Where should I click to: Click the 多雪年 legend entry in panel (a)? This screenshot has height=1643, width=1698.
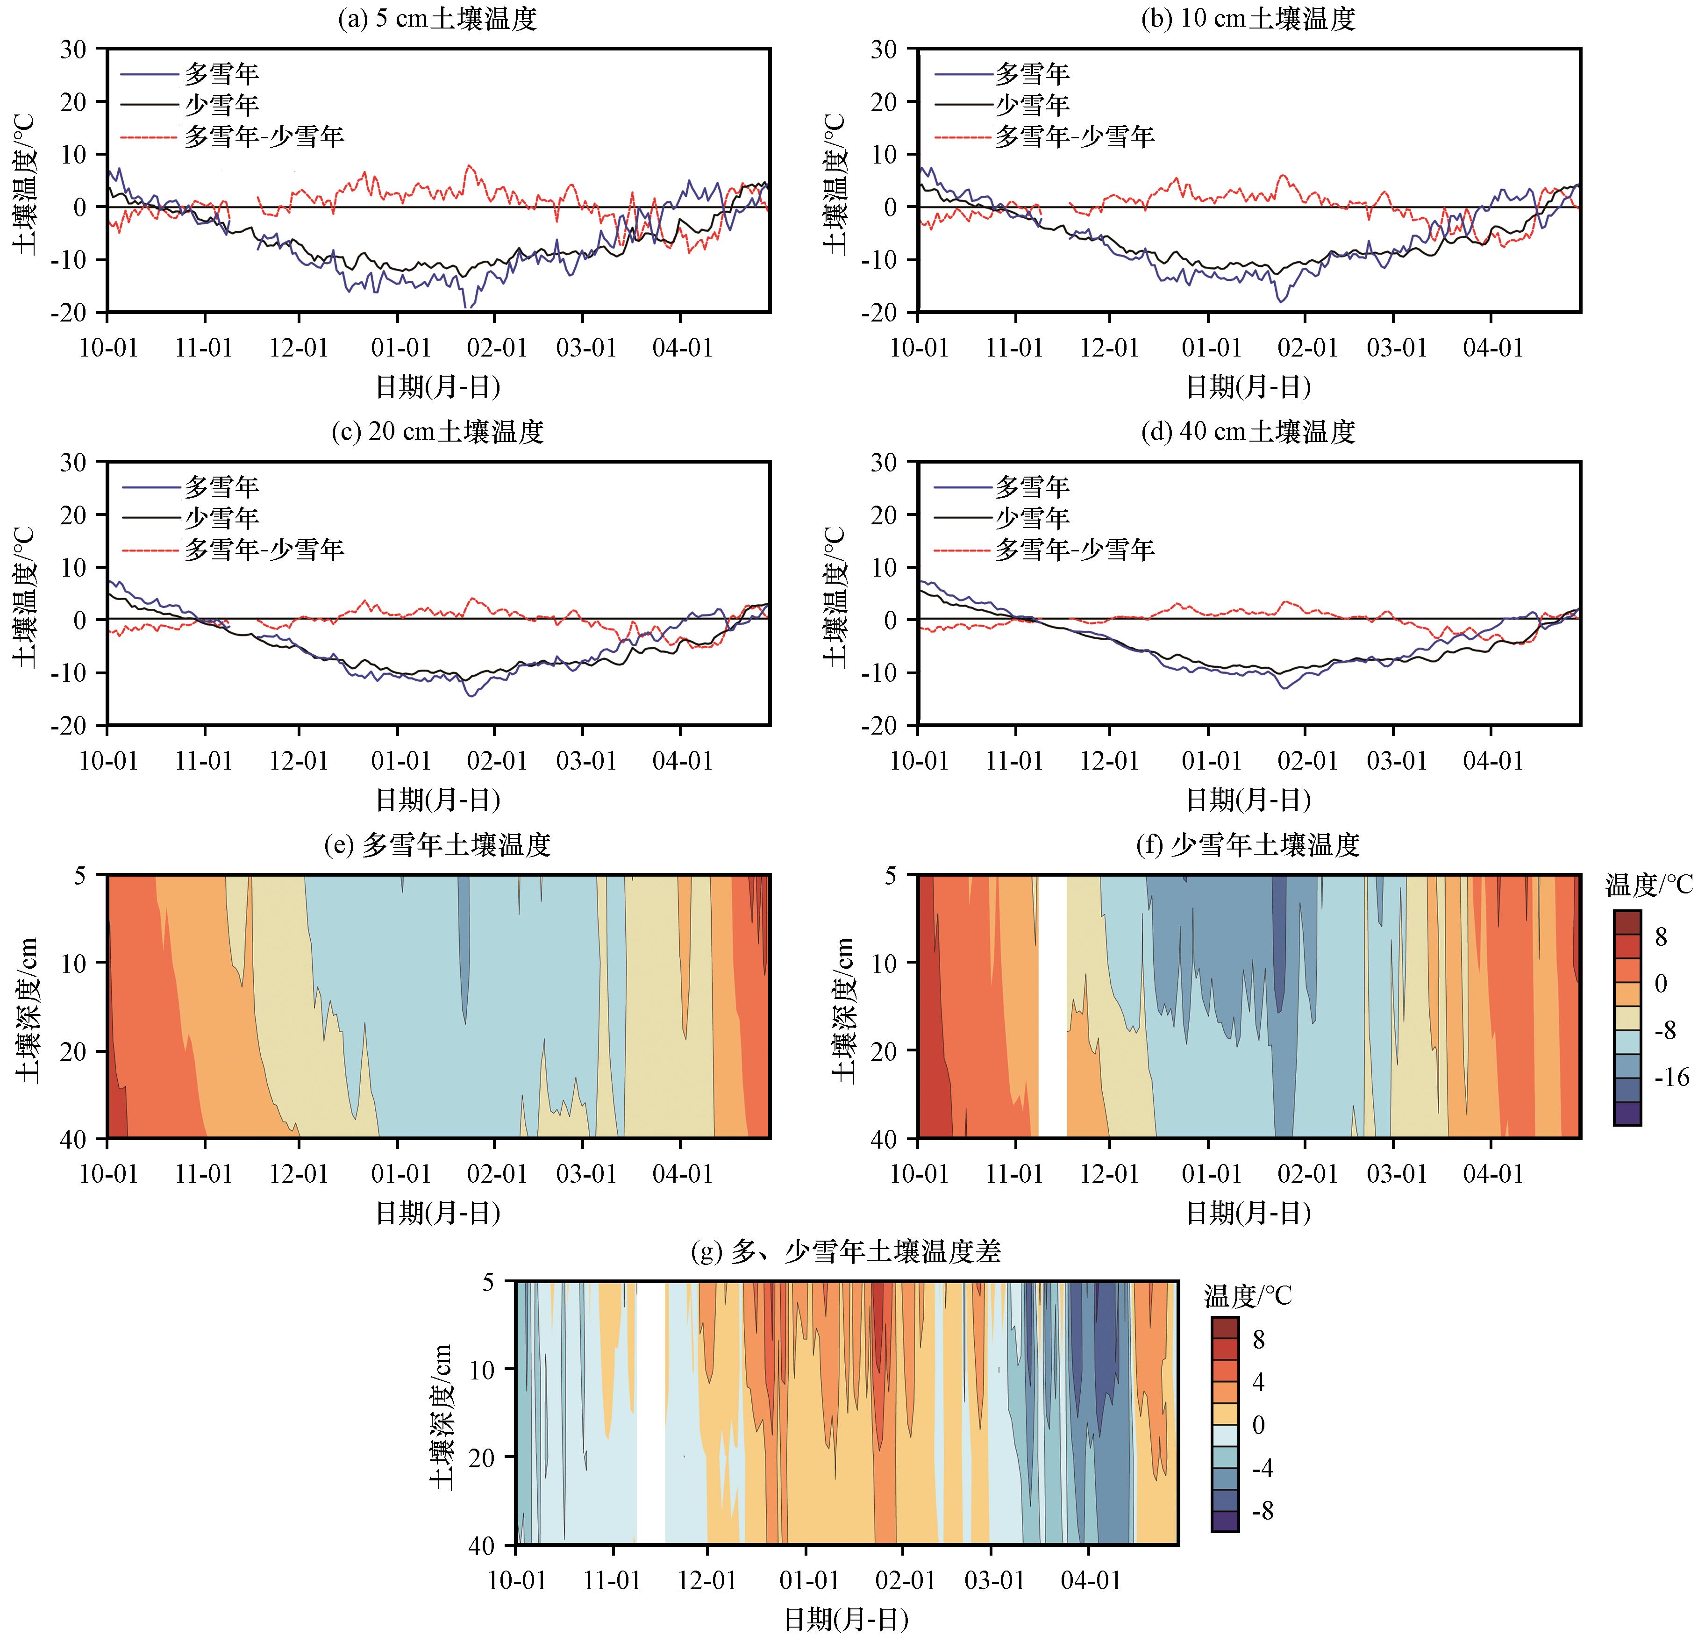pos(221,74)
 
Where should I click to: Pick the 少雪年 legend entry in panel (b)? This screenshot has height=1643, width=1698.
pos(1032,105)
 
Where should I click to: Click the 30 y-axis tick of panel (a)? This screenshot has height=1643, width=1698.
pos(74,50)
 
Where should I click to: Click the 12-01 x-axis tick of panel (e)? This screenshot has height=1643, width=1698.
pos(299,1174)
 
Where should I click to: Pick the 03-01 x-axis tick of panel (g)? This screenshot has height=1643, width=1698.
pos(994,1580)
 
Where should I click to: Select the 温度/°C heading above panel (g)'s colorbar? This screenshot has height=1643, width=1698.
pos(1248,1297)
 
